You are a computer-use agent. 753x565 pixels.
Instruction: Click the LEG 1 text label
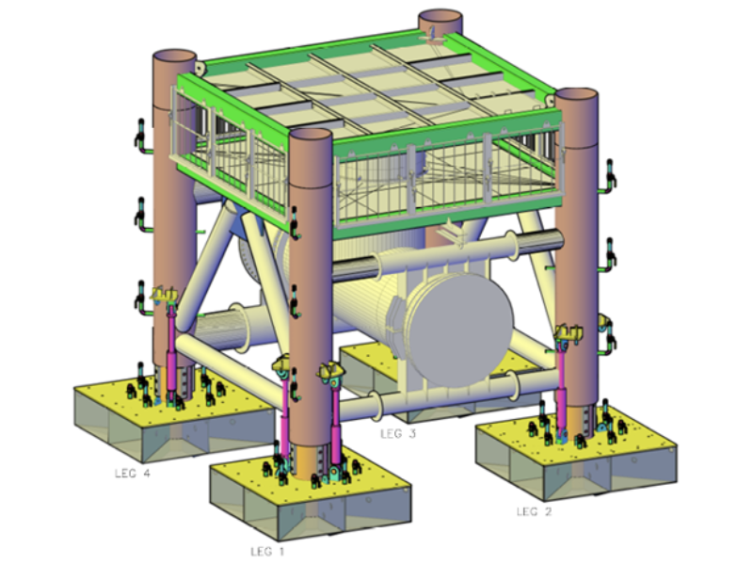click(x=267, y=551)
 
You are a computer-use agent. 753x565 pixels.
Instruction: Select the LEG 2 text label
click(x=534, y=511)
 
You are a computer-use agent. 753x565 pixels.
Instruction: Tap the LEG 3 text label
click(x=397, y=434)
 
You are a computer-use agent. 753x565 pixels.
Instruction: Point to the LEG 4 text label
click(x=133, y=474)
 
